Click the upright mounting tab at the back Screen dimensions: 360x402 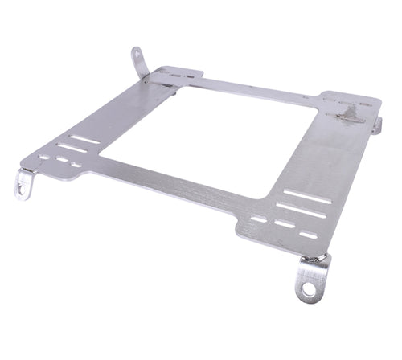139,63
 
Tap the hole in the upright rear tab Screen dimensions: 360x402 137,58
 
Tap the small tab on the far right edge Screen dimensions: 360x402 375,124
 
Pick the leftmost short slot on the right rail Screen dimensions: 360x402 259,217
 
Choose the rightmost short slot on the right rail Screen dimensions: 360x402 309,234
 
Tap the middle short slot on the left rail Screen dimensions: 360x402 61,161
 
